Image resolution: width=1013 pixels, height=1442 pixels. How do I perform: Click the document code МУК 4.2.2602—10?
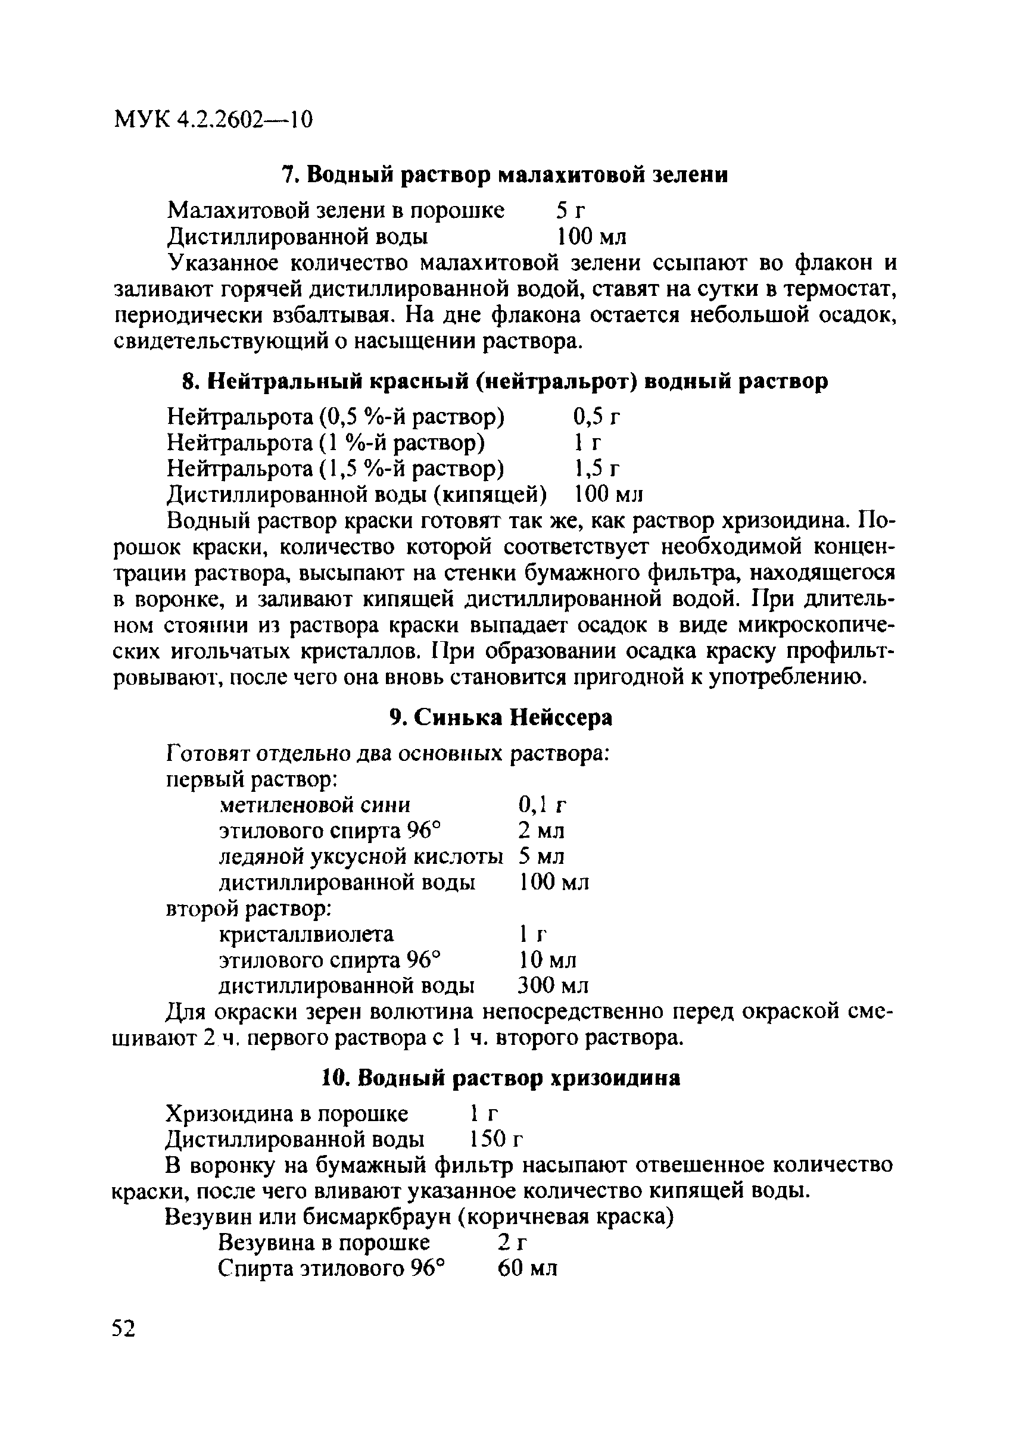coord(213,118)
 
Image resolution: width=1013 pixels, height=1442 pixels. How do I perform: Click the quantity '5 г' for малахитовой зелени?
coord(571,210)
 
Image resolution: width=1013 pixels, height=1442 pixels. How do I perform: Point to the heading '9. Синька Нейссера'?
coord(500,717)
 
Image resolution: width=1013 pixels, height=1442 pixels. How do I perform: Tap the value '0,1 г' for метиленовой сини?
coord(543,804)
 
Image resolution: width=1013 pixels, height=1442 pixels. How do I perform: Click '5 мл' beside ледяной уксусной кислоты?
coord(541,857)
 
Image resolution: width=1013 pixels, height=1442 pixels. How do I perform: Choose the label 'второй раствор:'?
coord(249,908)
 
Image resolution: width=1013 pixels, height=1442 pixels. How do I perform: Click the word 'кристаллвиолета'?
coord(307,935)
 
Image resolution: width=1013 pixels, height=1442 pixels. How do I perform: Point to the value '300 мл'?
coord(553,986)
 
